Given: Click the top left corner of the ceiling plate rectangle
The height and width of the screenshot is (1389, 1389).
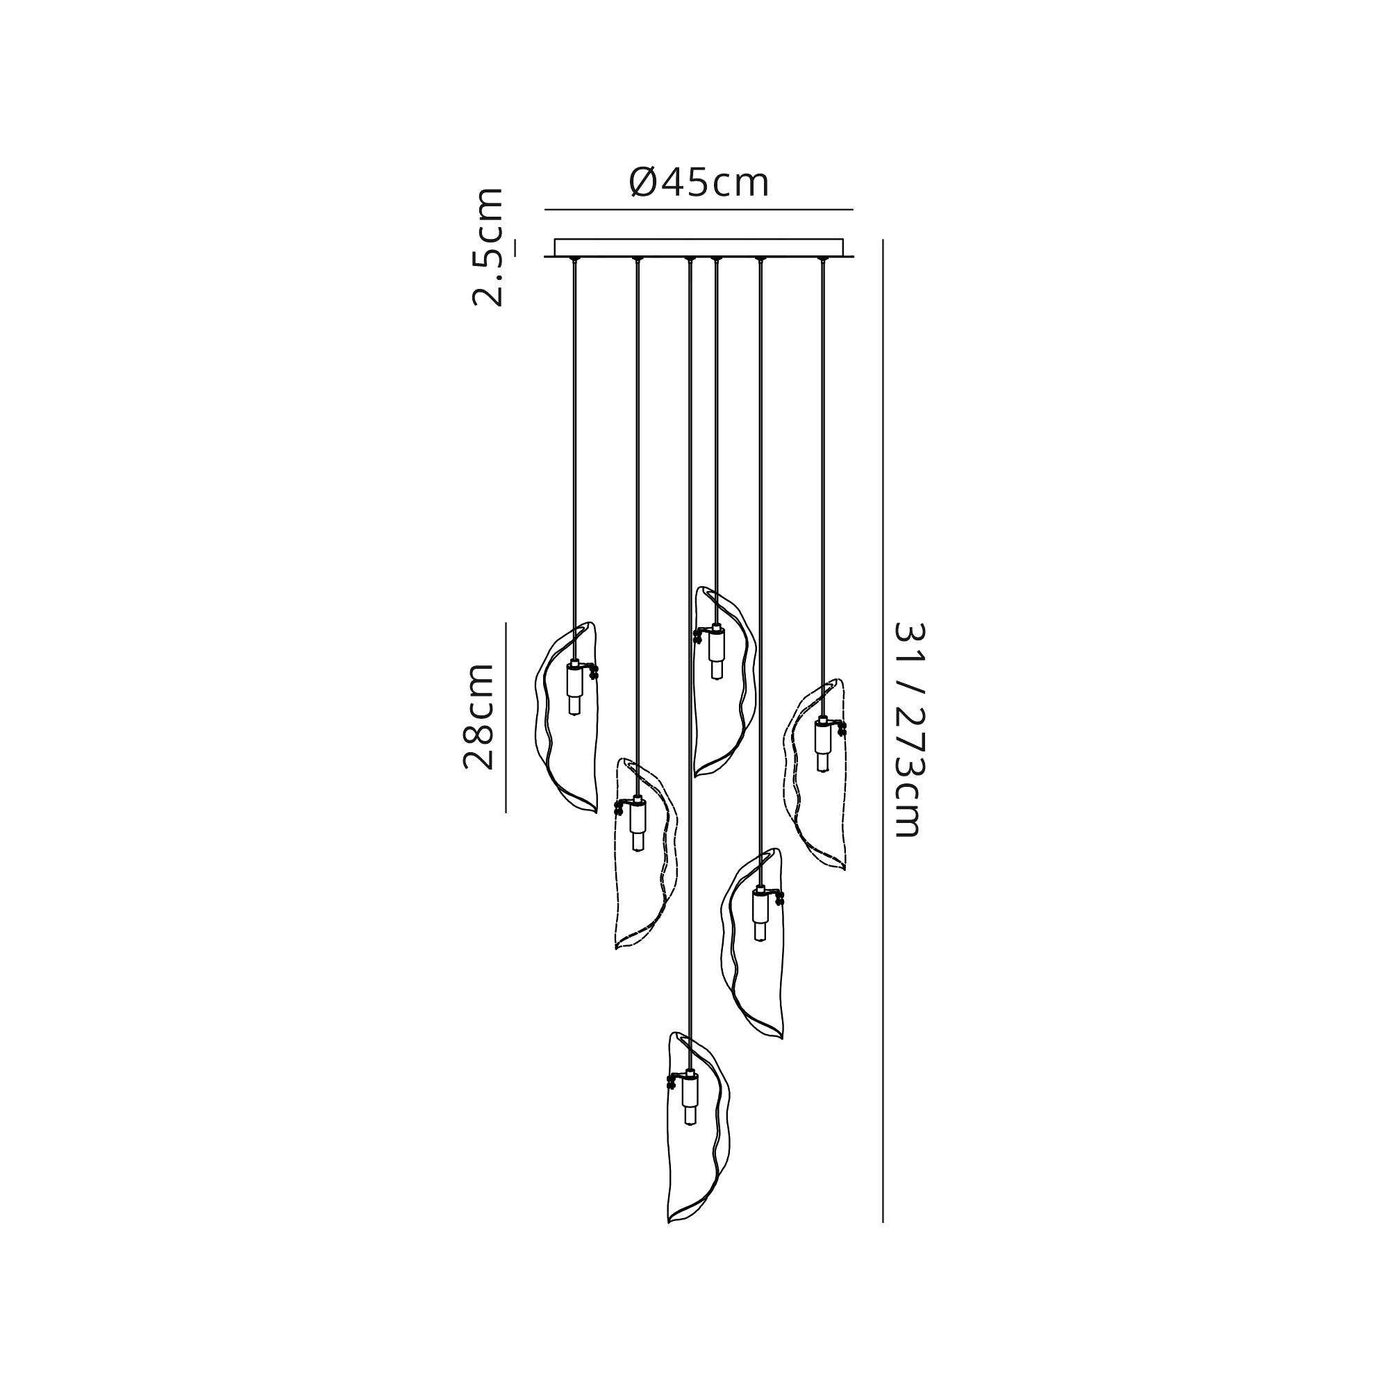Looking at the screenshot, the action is pyautogui.click(x=555, y=240).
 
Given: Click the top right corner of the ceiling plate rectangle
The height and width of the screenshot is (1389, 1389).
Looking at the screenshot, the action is pyautogui.click(x=842, y=240).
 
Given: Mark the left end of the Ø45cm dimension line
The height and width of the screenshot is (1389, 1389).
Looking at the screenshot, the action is pyautogui.click(x=545, y=210).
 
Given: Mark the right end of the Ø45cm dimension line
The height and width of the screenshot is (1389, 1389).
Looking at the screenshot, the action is pyautogui.click(x=853, y=210).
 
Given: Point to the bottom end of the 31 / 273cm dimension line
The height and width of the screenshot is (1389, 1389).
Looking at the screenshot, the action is pyautogui.click(x=883, y=1222).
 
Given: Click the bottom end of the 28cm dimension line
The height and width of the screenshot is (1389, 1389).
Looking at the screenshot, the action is pyautogui.click(x=506, y=813).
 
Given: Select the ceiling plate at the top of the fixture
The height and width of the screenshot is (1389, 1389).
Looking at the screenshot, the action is pyautogui.click(x=699, y=247).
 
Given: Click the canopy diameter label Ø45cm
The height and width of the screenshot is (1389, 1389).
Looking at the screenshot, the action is pyautogui.click(x=699, y=183).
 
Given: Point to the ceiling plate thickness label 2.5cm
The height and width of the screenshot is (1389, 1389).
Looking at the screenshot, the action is pyautogui.click(x=488, y=247).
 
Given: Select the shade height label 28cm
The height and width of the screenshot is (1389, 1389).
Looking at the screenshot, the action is pyautogui.click(x=478, y=717).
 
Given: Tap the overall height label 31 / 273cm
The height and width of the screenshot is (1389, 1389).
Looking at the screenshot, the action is pyautogui.click(x=907, y=730).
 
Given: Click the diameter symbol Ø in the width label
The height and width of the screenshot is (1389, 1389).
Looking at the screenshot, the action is pyautogui.click(x=642, y=183).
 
